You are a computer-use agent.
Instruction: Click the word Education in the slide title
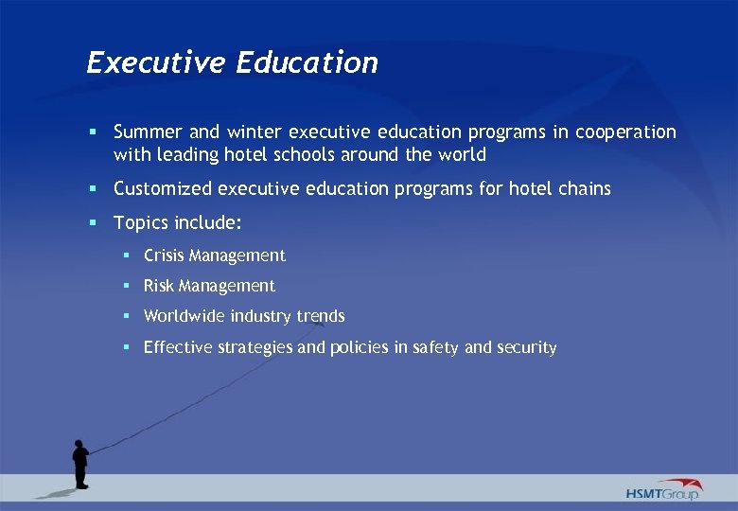[307, 63]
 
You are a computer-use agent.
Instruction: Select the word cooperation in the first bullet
[627, 132]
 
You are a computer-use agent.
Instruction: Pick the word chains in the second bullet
[586, 189]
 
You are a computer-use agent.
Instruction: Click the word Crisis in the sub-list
[164, 255]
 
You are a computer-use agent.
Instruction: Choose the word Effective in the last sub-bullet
[178, 347]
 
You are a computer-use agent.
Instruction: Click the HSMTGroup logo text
[661, 494]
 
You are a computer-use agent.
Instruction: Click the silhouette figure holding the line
[80, 463]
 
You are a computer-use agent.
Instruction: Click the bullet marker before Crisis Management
[127, 255]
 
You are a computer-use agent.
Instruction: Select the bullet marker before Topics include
[95, 223]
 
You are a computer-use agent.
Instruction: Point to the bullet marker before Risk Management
[127, 286]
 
